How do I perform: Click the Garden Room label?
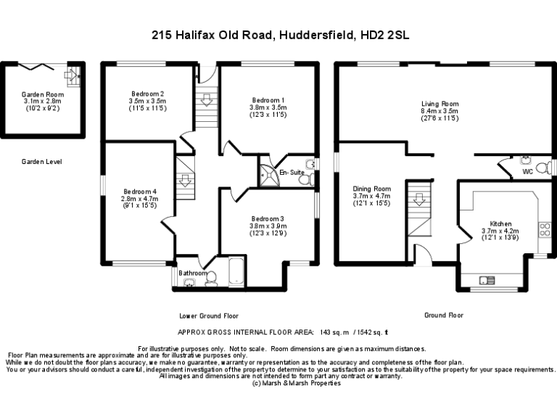point(42,94)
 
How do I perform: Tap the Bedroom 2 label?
point(147,93)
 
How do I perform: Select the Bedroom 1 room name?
point(268,99)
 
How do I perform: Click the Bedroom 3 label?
point(268,218)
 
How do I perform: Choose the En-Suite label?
point(292,172)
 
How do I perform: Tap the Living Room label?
point(440,104)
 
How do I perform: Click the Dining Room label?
point(371,189)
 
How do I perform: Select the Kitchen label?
point(500,224)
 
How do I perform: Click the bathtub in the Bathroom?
point(237,272)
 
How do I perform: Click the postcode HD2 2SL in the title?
point(386,34)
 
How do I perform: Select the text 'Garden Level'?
point(41,162)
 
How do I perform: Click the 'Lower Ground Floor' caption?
point(209,316)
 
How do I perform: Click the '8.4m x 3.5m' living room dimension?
point(440,110)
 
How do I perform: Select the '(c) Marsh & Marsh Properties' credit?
point(295,383)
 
